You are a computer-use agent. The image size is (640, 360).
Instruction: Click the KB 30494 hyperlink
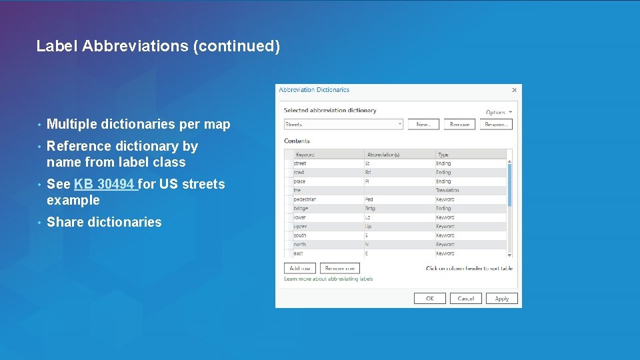pos(105,184)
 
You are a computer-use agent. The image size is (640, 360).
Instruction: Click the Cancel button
pos(465,299)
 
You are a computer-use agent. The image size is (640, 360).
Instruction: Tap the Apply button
pos(501,299)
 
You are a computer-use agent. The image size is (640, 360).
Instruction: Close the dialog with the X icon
pos(514,90)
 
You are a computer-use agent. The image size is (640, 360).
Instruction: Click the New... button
pos(423,124)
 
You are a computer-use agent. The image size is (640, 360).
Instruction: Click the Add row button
pos(300,268)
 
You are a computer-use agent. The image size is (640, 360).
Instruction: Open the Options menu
pos(499,112)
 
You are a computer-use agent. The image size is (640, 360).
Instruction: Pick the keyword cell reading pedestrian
pos(305,199)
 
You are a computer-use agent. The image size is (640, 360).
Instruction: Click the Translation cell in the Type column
pos(447,191)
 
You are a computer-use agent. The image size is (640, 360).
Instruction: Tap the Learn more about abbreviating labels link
pos(329,279)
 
